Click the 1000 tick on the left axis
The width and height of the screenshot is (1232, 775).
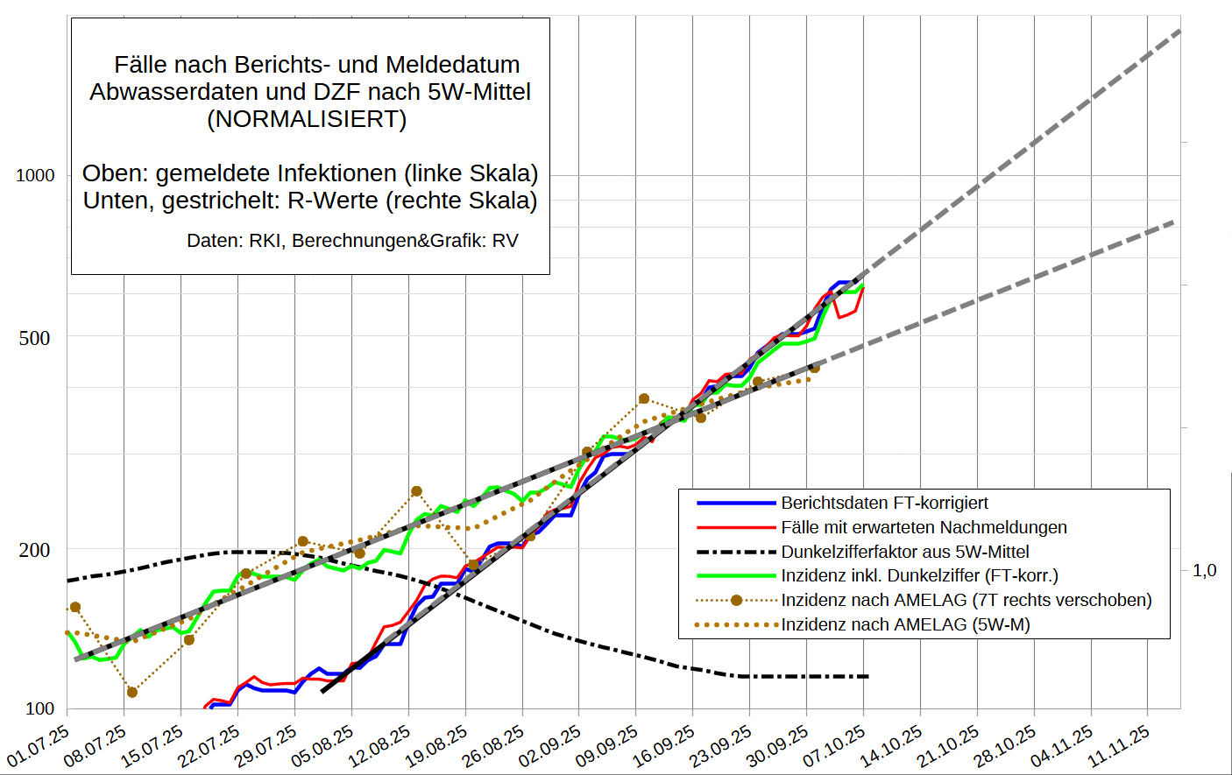35,175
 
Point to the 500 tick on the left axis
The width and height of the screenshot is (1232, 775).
35,338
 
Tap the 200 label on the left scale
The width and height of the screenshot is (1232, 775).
35,550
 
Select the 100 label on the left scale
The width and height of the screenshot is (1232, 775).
39,708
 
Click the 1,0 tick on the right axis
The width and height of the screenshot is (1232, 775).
1205,570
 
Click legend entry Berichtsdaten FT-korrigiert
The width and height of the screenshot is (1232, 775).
884,503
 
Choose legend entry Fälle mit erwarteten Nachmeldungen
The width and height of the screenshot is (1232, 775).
924,527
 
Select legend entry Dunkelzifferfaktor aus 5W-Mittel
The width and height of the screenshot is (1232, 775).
905,552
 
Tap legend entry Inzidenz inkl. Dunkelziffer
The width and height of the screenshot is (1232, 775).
919,575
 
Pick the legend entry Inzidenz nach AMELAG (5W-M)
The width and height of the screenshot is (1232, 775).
905,624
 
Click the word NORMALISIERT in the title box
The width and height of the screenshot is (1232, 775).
307,119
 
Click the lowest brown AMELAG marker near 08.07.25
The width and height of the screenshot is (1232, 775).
132,693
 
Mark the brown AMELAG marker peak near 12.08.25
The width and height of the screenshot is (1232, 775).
416,492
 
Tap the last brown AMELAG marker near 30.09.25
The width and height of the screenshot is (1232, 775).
815,368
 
